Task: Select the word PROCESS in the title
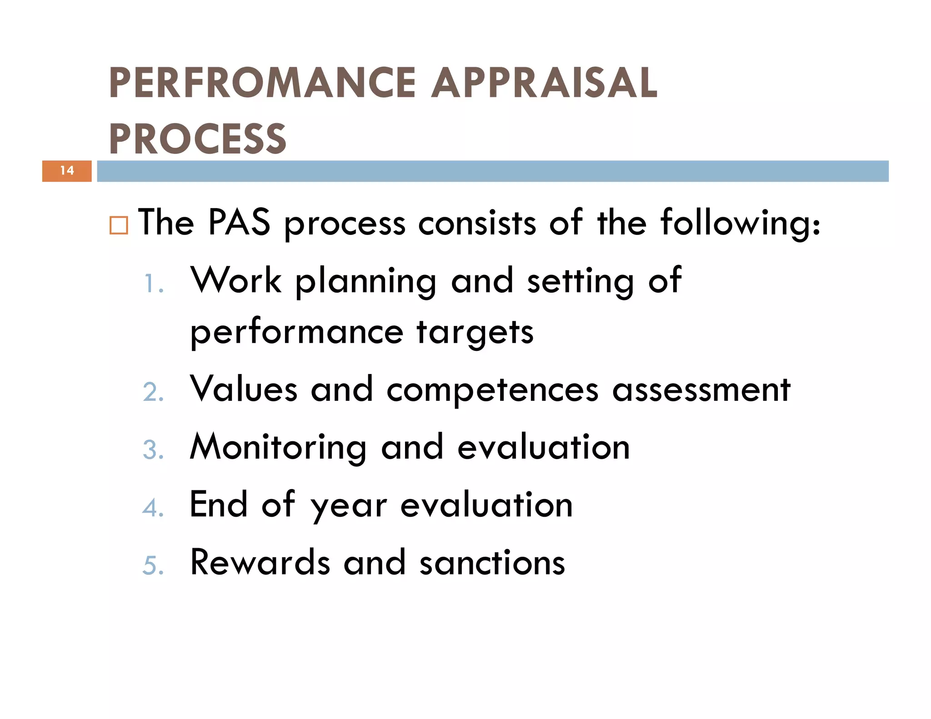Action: pyautogui.click(x=198, y=139)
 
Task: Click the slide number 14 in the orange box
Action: pyautogui.click(x=67, y=171)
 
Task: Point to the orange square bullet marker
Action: pyautogui.click(x=119, y=225)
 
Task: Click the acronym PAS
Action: pyautogui.click(x=239, y=223)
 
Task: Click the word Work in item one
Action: pyautogui.click(x=236, y=280)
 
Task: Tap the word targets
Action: pyautogui.click(x=475, y=333)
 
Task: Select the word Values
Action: pyautogui.click(x=244, y=389)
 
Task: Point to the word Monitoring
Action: pyautogui.click(x=278, y=448)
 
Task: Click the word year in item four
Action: pyautogui.click(x=349, y=506)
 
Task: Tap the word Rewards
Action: pyautogui.click(x=260, y=563)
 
